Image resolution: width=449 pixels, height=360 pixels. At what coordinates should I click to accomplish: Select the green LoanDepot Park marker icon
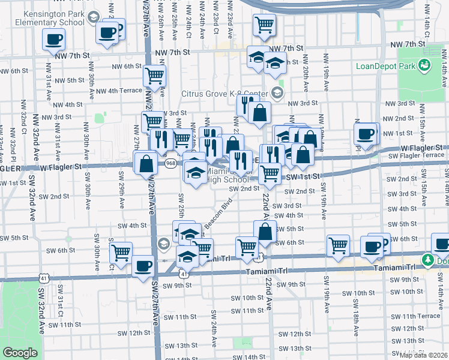click(x=424, y=65)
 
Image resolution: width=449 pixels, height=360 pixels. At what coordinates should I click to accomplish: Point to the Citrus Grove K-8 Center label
click(x=225, y=94)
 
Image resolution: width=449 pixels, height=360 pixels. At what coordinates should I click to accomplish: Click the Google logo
click(x=20, y=353)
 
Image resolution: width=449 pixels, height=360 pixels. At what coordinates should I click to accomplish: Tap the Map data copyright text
click(x=423, y=355)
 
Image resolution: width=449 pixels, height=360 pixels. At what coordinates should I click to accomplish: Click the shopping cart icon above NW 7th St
click(x=264, y=25)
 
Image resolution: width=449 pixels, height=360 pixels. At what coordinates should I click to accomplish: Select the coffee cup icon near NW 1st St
click(x=365, y=134)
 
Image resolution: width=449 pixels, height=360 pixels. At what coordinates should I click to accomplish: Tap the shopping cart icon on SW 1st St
click(x=270, y=173)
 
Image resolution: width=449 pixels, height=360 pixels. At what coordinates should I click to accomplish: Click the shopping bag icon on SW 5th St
click(x=264, y=231)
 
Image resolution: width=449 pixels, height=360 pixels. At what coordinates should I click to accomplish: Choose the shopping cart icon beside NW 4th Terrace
click(x=154, y=76)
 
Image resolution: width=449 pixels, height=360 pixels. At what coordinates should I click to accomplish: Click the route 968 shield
click(x=171, y=163)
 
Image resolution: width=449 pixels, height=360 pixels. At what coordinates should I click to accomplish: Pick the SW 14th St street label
click(x=246, y=356)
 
